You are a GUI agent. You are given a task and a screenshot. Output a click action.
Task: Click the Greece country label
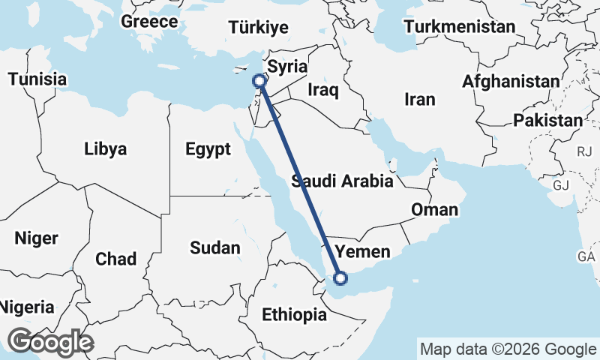(149, 21)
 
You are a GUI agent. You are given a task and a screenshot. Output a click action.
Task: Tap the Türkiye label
(259, 28)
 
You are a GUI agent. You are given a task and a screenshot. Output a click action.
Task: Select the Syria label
(287, 66)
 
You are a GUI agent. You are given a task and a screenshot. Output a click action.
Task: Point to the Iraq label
(324, 91)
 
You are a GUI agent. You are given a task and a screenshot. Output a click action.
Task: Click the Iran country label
(419, 99)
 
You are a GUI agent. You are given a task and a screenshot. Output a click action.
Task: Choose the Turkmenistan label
(459, 27)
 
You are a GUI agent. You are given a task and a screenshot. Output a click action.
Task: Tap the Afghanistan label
(511, 81)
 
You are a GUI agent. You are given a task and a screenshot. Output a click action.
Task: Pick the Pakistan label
(547, 120)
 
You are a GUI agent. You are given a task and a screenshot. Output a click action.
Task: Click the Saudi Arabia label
(342, 181)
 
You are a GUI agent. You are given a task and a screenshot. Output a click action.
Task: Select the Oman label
(434, 209)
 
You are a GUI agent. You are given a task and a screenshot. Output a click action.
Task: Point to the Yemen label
(362, 250)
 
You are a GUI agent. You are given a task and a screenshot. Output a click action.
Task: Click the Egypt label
(208, 149)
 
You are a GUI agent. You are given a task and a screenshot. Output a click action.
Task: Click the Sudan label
(214, 247)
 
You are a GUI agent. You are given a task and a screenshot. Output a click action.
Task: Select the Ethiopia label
(294, 315)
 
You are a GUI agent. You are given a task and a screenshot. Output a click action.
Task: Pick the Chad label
(115, 259)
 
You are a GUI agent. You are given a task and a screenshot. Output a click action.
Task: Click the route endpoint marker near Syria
(259, 80)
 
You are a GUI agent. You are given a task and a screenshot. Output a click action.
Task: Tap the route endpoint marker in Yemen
(340, 279)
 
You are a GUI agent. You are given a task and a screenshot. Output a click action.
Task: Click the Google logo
(50, 342)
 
